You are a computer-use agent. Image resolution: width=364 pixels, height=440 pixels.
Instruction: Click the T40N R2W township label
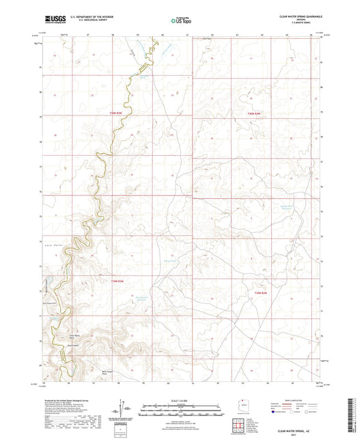(x=255, y=113)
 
